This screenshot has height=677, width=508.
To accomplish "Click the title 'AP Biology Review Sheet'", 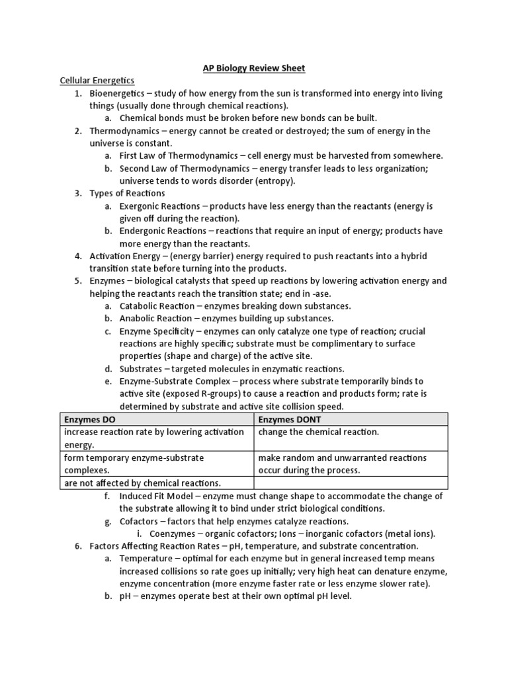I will [x=253, y=68].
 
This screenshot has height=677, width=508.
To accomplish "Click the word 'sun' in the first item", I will [x=287, y=93].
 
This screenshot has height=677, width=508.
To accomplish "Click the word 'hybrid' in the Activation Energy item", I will [x=422, y=256].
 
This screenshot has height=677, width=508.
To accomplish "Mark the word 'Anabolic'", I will [x=138, y=318].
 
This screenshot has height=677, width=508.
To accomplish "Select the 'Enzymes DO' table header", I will [x=91, y=419].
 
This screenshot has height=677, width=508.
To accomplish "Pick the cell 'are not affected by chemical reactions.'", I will [x=142, y=483].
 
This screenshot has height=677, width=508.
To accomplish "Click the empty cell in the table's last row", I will [x=351, y=483].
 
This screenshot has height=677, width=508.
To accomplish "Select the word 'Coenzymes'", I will [x=174, y=534].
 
